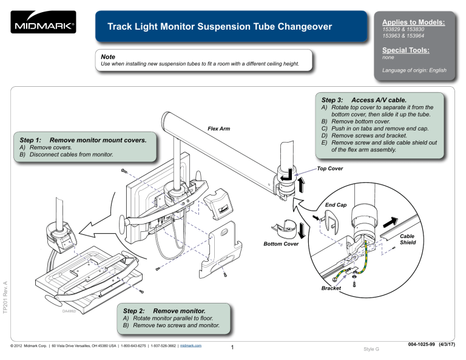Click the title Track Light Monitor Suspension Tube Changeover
pyautogui.click(x=220, y=27)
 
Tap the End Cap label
pyautogui.click(x=336, y=205)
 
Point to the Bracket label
pyautogui.click(x=332, y=288)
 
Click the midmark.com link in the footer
pyautogui.click(x=191, y=346)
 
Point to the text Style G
pyautogui.click(x=370, y=349)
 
